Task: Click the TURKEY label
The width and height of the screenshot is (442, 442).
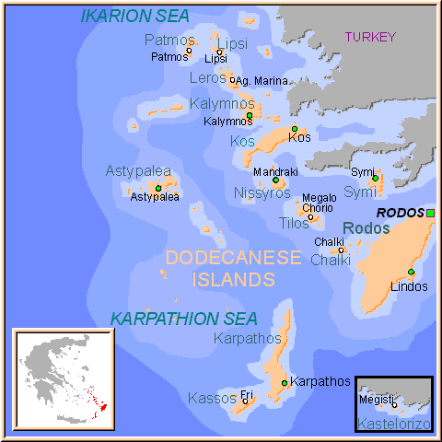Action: pos(370,37)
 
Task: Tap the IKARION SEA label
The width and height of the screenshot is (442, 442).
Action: pos(135,16)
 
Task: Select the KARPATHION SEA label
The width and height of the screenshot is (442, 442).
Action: pos(183,319)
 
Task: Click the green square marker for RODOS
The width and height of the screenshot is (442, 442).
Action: pos(430,213)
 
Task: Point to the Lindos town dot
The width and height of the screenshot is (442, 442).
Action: pos(411,272)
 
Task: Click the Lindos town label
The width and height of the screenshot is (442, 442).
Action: pos(409,286)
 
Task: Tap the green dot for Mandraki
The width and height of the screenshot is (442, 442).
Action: pos(275,180)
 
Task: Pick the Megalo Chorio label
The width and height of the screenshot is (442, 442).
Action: pos(319,203)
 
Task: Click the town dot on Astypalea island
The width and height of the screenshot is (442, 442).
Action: pos(158,188)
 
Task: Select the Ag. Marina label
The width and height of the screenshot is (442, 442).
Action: pos(262,81)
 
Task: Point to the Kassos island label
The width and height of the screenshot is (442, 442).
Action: pos(212,398)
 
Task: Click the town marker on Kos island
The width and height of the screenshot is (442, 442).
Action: pos(295,129)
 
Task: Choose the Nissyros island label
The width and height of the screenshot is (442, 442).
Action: pos(262,193)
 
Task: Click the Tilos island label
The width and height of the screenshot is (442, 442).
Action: pos(294,223)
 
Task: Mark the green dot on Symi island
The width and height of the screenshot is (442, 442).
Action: pos(376,178)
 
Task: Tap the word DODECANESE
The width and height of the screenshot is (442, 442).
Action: pos(234,258)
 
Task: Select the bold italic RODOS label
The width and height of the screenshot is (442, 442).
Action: pos(401,213)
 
